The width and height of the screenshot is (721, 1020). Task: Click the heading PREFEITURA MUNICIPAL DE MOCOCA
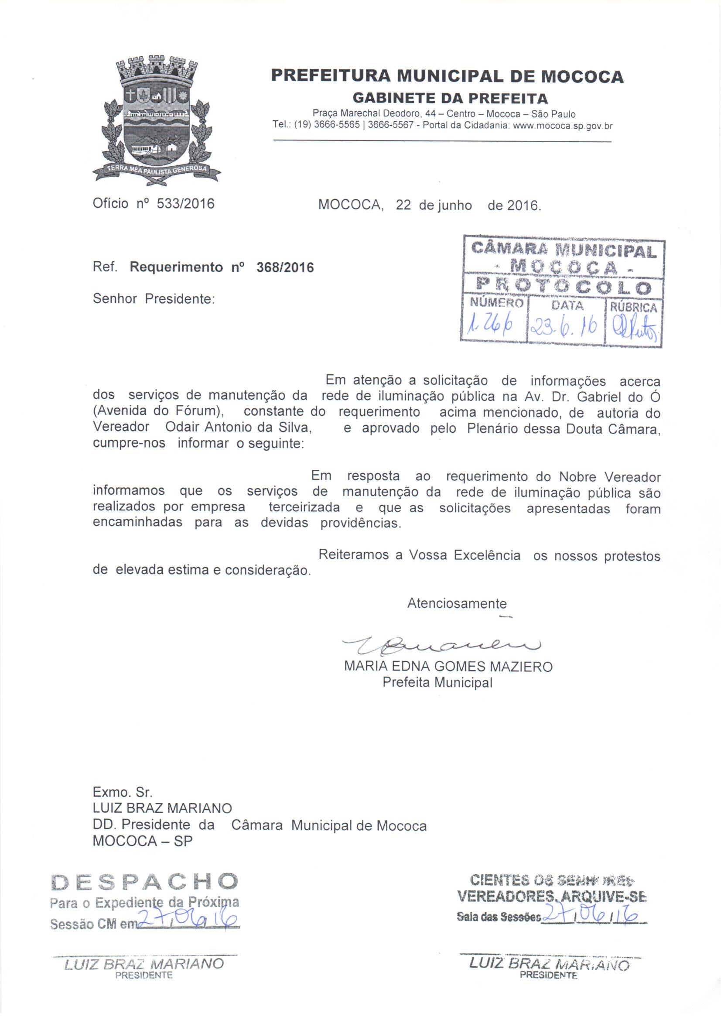[447, 77]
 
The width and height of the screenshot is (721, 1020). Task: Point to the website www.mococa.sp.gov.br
[562, 126]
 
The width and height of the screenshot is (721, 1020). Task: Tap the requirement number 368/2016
[285, 267]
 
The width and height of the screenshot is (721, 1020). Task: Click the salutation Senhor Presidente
[154, 298]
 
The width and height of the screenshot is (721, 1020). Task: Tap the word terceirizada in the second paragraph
[304, 507]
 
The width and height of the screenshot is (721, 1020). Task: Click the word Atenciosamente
[457, 604]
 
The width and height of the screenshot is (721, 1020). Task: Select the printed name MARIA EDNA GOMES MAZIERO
[448, 667]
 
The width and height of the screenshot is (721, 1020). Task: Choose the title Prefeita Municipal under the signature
[437, 682]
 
